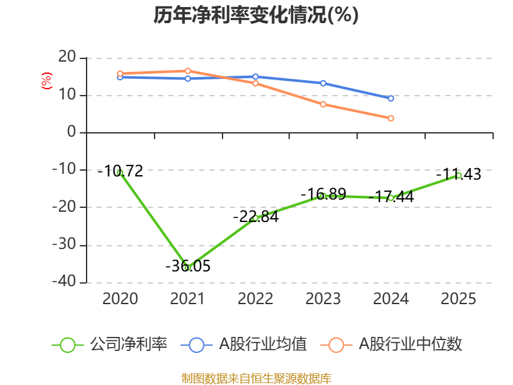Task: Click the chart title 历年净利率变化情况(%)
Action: point(256,15)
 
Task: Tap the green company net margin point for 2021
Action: point(187,266)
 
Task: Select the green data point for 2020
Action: point(120,173)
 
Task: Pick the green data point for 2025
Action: point(458,175)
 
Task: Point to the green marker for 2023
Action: point(323,196)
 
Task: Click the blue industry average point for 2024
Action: point(391,98)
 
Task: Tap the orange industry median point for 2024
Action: point(391,118)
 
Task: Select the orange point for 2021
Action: point(187,71)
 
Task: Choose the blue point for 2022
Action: point(255,77)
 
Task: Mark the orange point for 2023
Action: point(323,104)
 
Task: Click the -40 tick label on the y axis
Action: point(64,282)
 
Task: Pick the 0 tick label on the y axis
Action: point(72,133)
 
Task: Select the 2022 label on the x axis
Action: point(255,299)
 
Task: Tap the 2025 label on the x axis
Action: point(458,299)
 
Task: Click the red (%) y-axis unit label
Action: point(46,81)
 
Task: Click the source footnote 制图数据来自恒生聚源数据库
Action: point(256,378)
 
